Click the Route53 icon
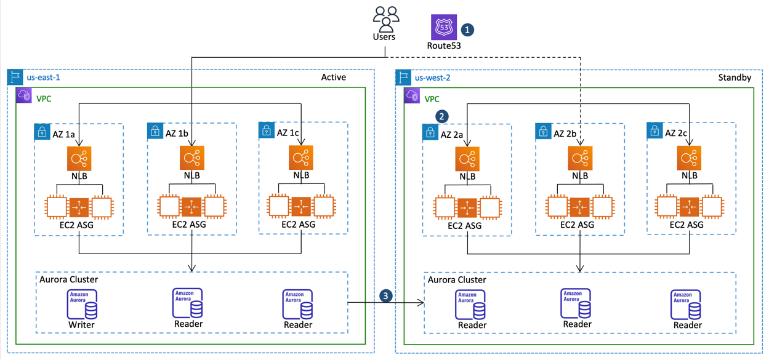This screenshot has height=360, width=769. click(x=443, y=27)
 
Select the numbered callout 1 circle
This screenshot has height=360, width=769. click(x=468, y=29)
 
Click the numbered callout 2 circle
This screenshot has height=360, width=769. click(x=441, y=116)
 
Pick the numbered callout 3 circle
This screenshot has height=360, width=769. click(x=385, y=296)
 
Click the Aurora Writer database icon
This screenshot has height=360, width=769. click(x=82, y=304)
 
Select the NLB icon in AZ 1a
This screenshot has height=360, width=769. click(x=79, y=159)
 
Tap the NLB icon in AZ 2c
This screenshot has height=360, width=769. click(x=689, y=159)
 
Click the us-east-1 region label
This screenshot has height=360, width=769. click(x=43, y=78)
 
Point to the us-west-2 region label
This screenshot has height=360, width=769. click(x=432, y=78)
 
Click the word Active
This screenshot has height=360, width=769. click(x=333, y=78)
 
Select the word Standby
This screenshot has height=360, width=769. click(x=735, y=78)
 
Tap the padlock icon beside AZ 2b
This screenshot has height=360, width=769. click(x=543, y=131)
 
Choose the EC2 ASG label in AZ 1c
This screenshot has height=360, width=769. click(x=298, y=225)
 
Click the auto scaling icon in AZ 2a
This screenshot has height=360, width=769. click(x=467, y=208)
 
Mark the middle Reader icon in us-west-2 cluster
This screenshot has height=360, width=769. click(x=576, y=303)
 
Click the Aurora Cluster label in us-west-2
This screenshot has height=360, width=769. click(x=457, y=279)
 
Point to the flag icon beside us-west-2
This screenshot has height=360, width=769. click(x=403, y=78)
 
